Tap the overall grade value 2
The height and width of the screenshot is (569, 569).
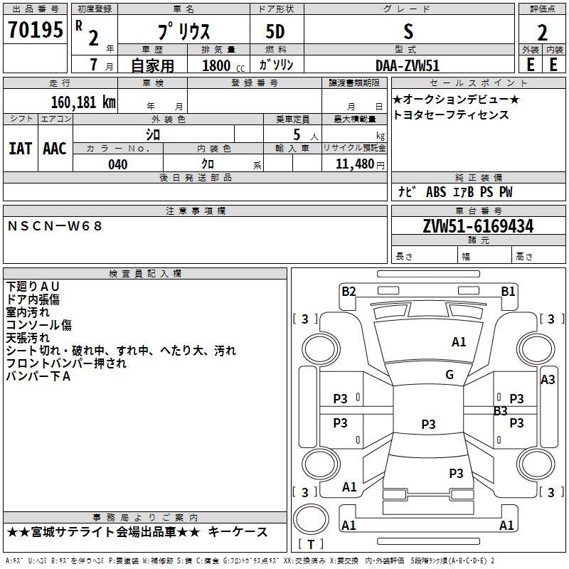(x=542, y=33)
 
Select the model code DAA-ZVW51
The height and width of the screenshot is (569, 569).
(x=408, y=64)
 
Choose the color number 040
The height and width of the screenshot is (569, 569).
(x=118, y=164)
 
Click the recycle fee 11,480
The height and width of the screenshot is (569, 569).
(x=353, y=164)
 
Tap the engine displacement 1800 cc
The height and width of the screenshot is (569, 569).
(x=216, y=65)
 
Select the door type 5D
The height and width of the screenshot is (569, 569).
(x=275, y=32)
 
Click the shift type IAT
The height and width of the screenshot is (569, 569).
(x=20, y=149)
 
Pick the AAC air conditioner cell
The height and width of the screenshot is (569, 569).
(x=55, y=149)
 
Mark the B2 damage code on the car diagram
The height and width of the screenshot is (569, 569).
(x=349, y=291)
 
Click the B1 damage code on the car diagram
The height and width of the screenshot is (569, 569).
(x=508, y=291)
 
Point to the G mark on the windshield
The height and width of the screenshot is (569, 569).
(x=449, y=374)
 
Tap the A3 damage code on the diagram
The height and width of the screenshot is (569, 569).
(x=548, y=380)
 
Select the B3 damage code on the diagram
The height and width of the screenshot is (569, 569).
(x=501, y=410)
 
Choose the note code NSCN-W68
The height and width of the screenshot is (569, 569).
(x=55, y=225)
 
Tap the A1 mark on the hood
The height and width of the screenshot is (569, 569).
(x=459, y=342)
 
